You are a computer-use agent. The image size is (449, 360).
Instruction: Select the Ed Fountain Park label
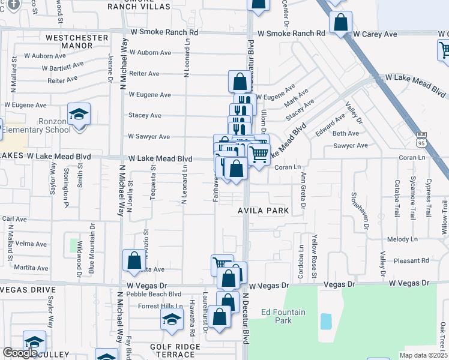click(x=283, y=316)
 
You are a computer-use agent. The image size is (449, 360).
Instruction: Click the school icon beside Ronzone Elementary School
click(x=79, y=115)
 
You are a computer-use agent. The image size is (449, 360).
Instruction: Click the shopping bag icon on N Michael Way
click(x=134, y=260)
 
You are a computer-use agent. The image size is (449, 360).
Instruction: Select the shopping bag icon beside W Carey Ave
click(x=340, y=23)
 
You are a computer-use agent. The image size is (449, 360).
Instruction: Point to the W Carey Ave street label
click(x=375, y=34)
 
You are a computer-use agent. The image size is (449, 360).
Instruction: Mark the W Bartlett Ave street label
click(x=63, y=67)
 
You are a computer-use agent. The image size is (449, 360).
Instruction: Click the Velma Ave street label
click(x=32, y=244)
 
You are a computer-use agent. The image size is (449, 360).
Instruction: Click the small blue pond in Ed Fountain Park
click(x=326, y=322)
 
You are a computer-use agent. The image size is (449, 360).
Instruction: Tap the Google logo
click(x=20, y=353)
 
